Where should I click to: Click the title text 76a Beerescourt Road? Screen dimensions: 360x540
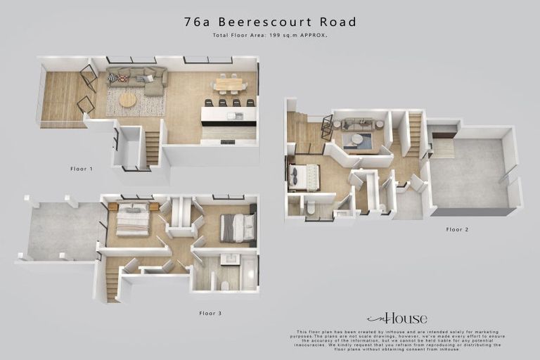(270, 22)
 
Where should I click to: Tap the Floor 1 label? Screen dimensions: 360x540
(82, 169)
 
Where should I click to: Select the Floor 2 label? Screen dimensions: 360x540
(457, 229)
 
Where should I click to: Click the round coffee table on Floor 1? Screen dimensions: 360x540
(127, 101)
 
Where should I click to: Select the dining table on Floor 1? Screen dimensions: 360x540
(228, 83)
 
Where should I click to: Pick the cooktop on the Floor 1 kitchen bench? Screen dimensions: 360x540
(227, 141)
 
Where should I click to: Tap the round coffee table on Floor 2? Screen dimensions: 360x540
(357, 139)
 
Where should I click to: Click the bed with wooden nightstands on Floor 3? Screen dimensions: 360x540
(132, 219)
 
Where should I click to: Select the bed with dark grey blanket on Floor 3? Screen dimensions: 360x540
(237, 226)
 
